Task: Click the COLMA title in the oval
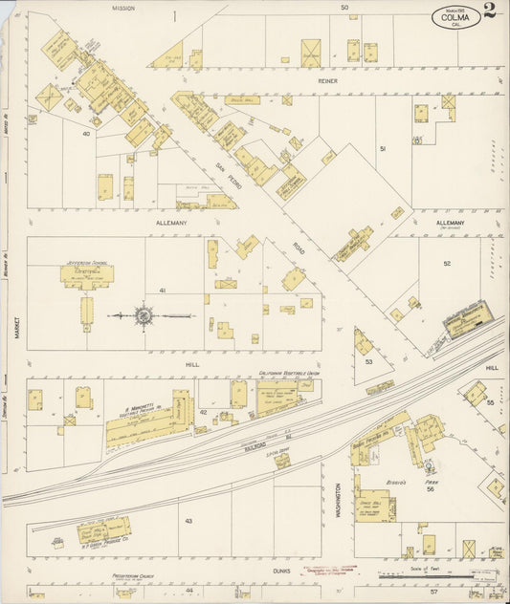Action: click(x=456, y=16)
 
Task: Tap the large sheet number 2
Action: click(x=490, y=11)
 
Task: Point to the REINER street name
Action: click(x=330, y=82)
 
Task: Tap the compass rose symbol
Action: click(x=144, y=315)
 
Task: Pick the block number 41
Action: click(x=163, y=290)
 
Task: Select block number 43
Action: click(x=188, y=520)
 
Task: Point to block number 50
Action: click(x=344, y=8)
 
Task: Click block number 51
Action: click(x=382, y=149)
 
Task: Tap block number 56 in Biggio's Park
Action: click(x=431, y=488)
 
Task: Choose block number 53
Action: click(x=368, y=362)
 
